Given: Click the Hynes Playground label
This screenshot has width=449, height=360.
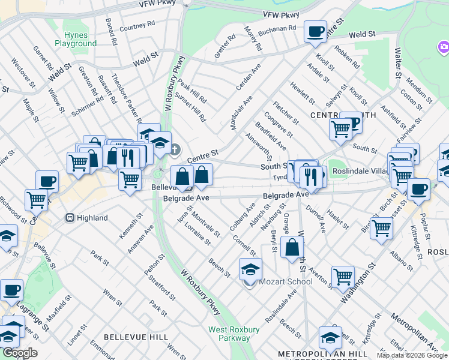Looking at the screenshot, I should (x=76, y=39).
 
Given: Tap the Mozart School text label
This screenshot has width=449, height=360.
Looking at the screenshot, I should (x=286, y=281).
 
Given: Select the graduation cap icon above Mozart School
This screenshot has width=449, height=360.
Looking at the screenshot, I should (x=251, y=269).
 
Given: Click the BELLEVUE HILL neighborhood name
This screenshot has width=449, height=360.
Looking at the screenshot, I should (x=136, y=338).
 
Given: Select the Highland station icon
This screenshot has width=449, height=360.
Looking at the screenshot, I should (x=70, y=218).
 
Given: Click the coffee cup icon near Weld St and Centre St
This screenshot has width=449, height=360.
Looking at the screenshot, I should (x=315, y=32).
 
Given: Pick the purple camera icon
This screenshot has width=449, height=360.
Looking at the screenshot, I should (x=444, y=46).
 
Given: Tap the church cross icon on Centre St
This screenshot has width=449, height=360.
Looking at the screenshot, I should (x=175, y=149).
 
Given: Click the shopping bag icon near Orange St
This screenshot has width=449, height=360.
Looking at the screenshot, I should (x=292, y=248).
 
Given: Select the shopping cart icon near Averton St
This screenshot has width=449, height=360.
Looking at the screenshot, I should (x=343, y=277).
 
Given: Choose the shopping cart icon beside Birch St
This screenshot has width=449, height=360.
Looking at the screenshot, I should (x=382, y=228).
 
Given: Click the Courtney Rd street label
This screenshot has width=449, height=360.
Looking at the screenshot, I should (x=137, y=28).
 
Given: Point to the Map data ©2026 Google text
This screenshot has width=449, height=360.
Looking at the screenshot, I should (x=411, y=355).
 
